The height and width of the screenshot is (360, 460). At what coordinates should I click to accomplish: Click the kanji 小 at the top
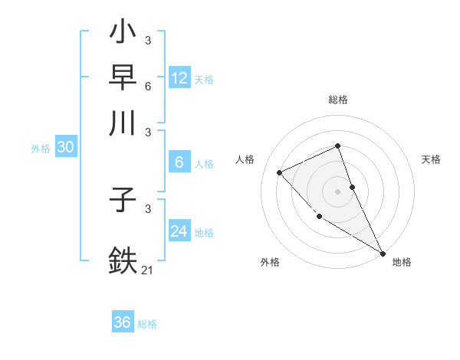(123, 35)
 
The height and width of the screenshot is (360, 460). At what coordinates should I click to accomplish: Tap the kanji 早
(123, 78)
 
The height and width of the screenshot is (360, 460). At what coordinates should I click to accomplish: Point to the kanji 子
(123, 204)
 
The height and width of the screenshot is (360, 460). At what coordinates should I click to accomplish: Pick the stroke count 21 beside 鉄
(148, 269)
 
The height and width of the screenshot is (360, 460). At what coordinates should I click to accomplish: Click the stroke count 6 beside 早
(148, 86)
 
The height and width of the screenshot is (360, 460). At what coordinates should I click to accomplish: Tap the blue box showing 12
(179, 78)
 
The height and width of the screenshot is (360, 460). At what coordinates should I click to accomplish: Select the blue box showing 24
(179, 231)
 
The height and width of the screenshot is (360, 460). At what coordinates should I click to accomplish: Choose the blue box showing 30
(65, 148)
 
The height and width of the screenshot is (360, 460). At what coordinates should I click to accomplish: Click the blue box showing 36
(123, 322)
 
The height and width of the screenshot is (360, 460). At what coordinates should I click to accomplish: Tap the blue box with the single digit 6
(179, 162)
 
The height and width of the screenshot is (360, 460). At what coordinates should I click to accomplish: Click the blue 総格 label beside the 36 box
(147, 324)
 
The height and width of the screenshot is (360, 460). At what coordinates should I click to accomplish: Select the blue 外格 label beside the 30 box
(40, 149)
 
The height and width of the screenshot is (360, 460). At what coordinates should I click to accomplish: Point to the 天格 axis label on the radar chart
(431, 159)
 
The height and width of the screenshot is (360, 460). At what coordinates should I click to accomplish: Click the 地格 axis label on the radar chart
(402, 262)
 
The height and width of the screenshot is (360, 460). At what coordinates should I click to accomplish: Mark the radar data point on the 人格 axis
(280, 172)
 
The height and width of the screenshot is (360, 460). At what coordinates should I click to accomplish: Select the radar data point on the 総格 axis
(337, 146)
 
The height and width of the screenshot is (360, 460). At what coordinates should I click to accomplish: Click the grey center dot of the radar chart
(337, 191)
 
